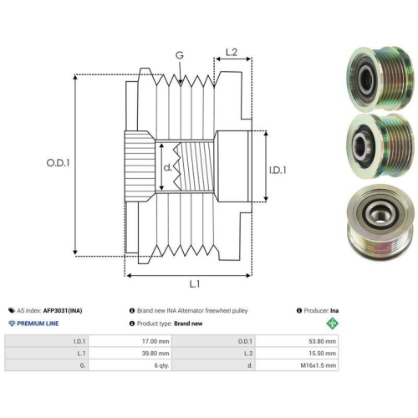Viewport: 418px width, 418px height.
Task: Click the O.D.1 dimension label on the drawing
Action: pos(58,163)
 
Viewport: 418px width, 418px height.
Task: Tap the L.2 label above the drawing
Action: pos(232,52)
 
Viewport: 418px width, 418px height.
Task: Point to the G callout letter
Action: pos(180,55)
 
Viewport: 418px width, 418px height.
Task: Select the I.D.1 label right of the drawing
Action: pos(278,170)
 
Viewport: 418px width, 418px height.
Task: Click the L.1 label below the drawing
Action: pos(195,284)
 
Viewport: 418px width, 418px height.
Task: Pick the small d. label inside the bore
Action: pos(168,167)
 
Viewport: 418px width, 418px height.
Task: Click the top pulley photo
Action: pos(380,79)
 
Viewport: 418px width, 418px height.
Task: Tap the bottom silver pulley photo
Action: pos(380,222)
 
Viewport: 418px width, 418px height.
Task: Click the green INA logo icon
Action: pos(332,324)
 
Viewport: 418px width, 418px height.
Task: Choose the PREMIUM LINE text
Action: pos(38,324)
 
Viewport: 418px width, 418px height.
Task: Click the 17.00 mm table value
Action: pos(155,341)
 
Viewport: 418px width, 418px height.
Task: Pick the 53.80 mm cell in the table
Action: pos(322,341)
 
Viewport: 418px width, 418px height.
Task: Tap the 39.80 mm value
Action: pos(155,354)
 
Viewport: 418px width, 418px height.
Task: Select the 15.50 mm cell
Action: pos(322,354)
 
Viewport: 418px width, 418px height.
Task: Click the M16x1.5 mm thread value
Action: pos(319,365)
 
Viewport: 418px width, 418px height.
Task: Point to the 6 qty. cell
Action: pos(161,365)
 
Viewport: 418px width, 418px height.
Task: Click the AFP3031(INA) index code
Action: pos(63,311)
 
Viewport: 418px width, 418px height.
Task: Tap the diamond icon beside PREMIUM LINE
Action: pos(12,324)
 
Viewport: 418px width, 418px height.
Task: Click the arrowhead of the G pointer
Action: pos(181,82)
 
